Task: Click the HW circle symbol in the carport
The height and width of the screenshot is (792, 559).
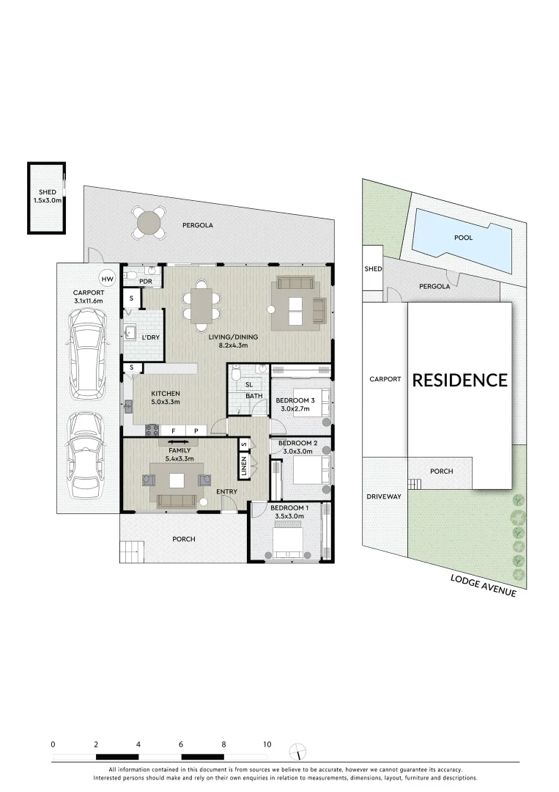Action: tap(107, 279)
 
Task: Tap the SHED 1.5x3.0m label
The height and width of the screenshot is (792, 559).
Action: tap(47, 196)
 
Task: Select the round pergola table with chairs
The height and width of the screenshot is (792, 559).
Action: tap(149, 221)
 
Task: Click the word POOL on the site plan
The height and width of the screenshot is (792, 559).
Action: tap(463, 238)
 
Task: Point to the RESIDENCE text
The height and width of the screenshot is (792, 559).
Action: tap(459, 380)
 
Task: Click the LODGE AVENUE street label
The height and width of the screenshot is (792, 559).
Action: tap(483, 585)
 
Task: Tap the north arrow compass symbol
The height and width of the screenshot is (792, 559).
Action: tap(297, 752)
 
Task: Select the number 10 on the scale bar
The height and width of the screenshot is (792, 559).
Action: tap(267, 744)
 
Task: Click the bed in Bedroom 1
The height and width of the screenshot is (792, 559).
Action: tap(289, 543)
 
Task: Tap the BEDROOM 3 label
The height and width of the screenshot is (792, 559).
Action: tap(295, 400)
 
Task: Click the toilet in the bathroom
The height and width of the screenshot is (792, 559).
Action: tap(235, 374)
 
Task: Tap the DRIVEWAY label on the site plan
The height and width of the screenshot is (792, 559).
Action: tap(384, 496)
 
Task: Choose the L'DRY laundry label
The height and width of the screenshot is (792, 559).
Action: tap(150, 337)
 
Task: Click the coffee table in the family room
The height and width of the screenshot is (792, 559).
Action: tap(177, 480)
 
